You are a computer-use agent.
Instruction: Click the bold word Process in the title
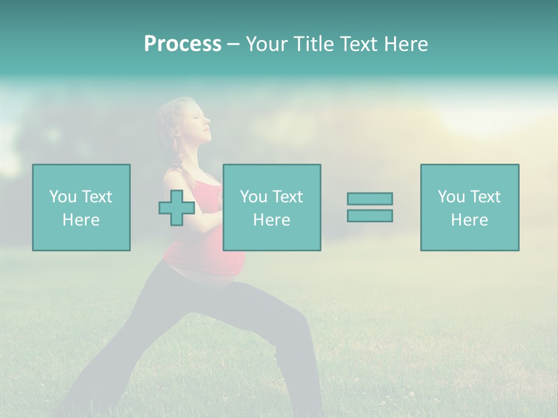(183, 44)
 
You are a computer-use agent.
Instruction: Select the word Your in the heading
(267, 44)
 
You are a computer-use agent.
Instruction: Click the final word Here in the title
(405, 44)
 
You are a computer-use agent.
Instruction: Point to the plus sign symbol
(177, 208)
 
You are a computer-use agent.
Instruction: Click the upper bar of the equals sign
(370, 199)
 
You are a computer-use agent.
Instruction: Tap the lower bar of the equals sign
(370, 215)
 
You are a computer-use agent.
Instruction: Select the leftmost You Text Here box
(81, 207)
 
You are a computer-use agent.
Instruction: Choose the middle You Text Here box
(271, 207)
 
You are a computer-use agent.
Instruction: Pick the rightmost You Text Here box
(470, 207)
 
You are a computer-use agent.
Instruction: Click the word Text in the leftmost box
(96, 197)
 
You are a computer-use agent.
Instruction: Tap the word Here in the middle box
(271, 220)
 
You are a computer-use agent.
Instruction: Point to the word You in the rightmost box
(452, 197)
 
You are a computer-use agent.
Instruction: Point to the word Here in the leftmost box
(81, 220)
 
